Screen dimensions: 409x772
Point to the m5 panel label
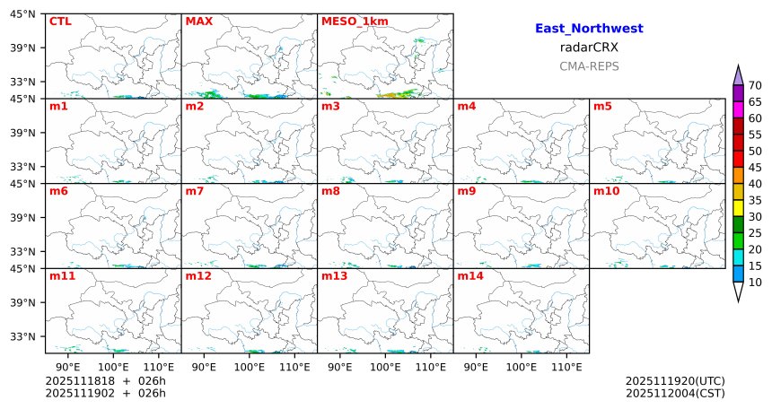point(602,107)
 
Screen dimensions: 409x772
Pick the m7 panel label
point(195,192)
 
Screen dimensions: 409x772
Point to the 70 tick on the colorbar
point(755,85)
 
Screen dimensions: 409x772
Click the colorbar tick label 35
point(755,200)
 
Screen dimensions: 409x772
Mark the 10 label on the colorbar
point(755,283)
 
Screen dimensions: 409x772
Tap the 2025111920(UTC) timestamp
point(675,381)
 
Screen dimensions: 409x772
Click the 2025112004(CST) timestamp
point(675,393)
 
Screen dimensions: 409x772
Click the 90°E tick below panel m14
point(477,367)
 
